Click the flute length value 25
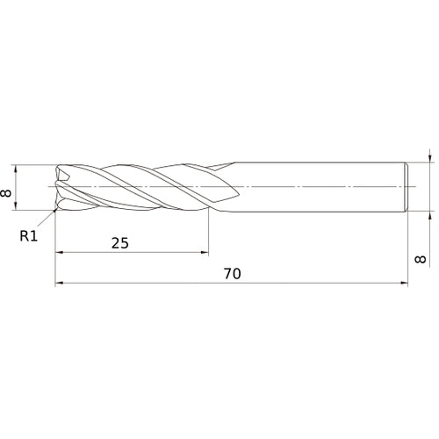pos(120,242)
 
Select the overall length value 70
pos(232,273)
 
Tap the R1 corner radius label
pos(30,234)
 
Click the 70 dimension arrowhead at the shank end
pos(406,284)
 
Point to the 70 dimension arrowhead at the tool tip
pos(58,284)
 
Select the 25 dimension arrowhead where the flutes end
pos(205,253)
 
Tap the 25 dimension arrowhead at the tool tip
pos(58,253)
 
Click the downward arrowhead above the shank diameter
pos(429,159)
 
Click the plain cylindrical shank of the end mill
pos(316,187)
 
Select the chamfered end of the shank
pos(407,187)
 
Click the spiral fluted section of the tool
pos(140,187)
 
